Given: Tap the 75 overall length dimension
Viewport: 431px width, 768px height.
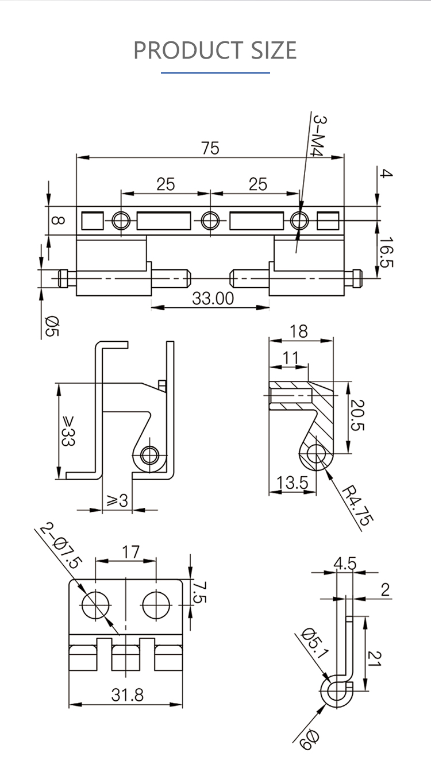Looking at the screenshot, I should pos(210,148).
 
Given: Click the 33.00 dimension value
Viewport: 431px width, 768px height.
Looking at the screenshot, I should pos(213,299).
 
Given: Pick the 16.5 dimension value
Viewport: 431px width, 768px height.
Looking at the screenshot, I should pos(386,253).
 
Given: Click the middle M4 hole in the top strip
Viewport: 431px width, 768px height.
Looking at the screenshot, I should pos(210,220).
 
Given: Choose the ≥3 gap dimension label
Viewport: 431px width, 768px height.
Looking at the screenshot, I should pos(117,501).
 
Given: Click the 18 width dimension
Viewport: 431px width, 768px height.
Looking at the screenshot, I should pos(299,331).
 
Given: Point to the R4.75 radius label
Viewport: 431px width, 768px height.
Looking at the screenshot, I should pos(356,506).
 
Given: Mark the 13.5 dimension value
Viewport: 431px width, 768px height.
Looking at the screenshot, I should pos(292,483).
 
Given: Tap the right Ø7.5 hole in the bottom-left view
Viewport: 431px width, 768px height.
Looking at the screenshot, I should pos(156,605).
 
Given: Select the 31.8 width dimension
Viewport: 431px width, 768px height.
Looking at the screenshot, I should pos(127,695).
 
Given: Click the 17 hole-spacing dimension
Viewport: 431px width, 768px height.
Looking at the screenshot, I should pos(130,553).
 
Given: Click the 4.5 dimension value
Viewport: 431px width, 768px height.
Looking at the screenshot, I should pos(345,564).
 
